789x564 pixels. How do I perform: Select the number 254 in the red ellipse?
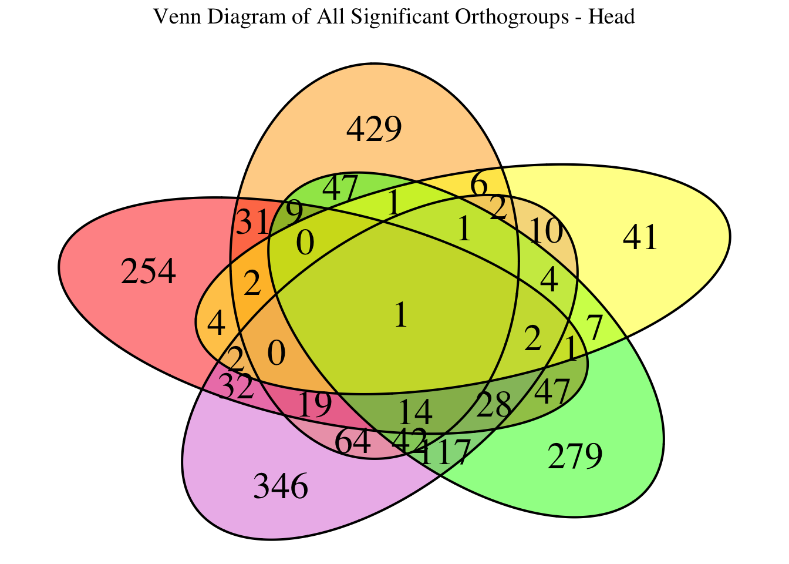[148, 273]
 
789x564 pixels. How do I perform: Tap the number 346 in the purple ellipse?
[280, 487]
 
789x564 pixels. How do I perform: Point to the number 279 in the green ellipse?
[575, 457]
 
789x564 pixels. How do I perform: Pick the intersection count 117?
[444, 453]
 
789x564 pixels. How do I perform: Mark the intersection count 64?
[353, 442]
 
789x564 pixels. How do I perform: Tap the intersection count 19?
[315, 405]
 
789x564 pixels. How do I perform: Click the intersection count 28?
[493, 405]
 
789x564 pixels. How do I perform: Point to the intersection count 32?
[236, 388]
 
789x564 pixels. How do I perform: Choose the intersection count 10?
[545, 232]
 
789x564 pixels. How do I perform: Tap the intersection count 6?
[479, 186]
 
